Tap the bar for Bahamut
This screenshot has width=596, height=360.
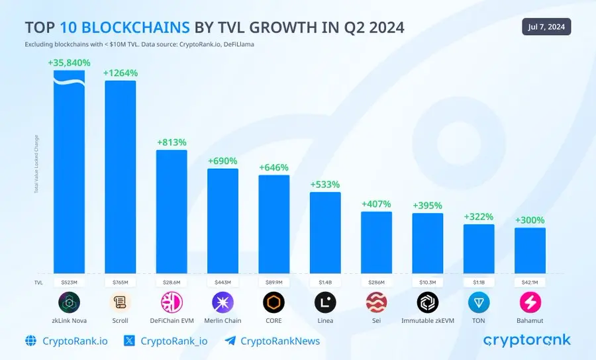[530, 250]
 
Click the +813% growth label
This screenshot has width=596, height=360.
[172, 142]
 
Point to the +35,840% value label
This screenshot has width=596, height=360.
[69, 62]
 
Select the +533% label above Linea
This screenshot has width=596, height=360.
[325, 184]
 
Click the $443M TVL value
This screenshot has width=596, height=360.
[223, 282]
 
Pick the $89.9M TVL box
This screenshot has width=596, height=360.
[273, 282]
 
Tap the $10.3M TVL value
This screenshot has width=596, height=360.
[427, 282]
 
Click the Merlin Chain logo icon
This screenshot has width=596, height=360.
[223, 303]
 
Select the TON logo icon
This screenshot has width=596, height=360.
[479, 303]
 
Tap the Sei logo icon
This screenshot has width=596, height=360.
[376, 303]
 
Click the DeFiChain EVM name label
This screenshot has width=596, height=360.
[172, 321]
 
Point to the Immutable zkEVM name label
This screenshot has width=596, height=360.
[427, 321]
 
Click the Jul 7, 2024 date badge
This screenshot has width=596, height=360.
[546, 26]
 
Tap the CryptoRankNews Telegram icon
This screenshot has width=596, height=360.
[230, 341]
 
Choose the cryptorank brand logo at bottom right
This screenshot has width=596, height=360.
[526, 340]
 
